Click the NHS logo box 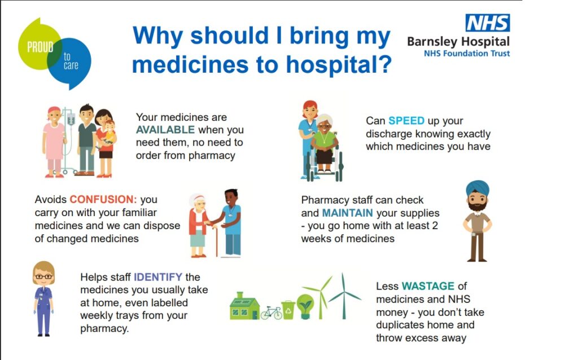(488, 23)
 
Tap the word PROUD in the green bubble (40, 47)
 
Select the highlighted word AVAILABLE (165, 130)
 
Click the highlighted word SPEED (406, 121)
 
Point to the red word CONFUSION (103, 199)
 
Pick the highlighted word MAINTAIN (347, 213)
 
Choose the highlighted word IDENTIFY (158, 277)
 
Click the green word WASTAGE (428, 286)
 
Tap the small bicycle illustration (272, 313)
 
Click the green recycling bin (288, 310)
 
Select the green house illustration (244, 306)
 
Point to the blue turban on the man (478, 189)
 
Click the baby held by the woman (108, 133)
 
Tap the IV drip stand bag (71, 119)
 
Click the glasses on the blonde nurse (43, 276)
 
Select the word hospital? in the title (339, 65)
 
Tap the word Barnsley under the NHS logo (432, 42)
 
